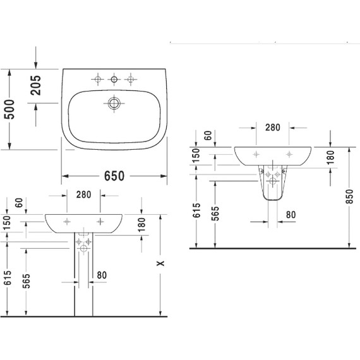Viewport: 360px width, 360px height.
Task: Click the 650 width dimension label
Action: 114,176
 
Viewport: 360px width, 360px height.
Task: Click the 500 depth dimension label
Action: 9,109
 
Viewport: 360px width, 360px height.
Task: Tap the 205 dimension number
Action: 35,85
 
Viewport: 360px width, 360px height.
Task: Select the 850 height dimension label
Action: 349,196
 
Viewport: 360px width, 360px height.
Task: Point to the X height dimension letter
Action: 160,263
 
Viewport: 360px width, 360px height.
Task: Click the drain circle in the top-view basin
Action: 114,104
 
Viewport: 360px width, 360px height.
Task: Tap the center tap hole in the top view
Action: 114,80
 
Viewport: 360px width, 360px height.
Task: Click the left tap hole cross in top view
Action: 98,80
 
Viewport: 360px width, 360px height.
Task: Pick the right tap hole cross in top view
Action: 131,80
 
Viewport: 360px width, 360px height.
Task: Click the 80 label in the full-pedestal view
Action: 102,275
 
